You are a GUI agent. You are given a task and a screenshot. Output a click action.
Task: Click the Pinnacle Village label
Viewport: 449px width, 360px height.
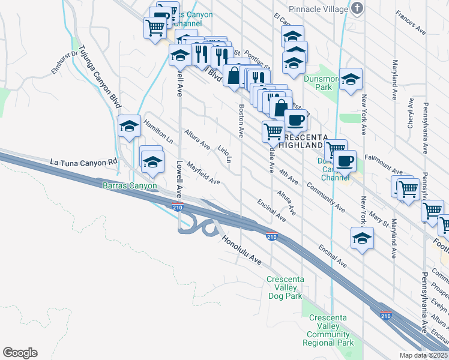point(318,9)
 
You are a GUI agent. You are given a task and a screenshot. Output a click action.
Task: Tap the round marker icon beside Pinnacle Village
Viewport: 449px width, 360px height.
point(358,8)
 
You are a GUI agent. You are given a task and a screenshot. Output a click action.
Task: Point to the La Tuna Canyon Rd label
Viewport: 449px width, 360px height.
point(83,163)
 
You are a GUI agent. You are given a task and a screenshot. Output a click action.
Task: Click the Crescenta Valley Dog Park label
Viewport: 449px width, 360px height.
point(285,287)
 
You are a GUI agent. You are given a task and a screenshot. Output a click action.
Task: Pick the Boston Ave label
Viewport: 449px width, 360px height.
point(241,121)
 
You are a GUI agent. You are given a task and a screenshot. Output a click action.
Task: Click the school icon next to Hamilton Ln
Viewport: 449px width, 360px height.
point(129,126)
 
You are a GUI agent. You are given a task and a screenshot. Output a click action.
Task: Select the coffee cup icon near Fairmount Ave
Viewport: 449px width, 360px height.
point(345,161)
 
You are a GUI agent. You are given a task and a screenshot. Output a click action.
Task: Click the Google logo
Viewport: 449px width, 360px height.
point(20,353)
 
